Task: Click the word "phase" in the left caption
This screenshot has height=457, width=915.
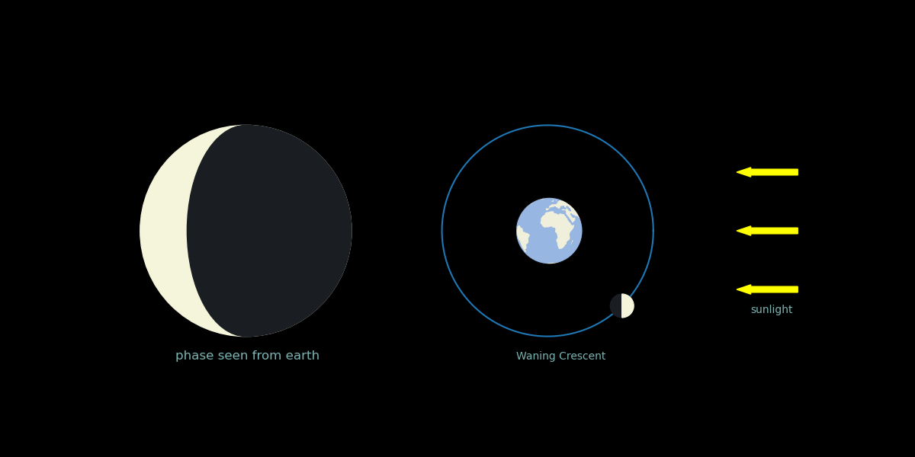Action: coord(195,356)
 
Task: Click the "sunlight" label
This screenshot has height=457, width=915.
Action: coord(772,310)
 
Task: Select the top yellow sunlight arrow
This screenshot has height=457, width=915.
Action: coord(767,172)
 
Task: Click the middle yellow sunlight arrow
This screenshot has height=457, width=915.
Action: coord(767,231)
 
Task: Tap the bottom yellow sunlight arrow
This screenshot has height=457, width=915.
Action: coord(767,289)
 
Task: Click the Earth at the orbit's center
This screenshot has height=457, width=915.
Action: coord(549,231)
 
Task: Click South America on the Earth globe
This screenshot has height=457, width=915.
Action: coord(522,238)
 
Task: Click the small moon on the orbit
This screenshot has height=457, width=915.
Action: coord(621,305)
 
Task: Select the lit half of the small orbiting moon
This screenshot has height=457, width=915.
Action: coord(628,305)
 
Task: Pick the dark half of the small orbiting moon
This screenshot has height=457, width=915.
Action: coord(615,305)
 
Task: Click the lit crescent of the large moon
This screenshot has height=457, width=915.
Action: coord(163,231)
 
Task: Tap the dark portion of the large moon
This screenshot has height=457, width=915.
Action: coord(270,231)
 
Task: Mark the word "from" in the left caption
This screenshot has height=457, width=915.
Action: coord(268,356)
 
